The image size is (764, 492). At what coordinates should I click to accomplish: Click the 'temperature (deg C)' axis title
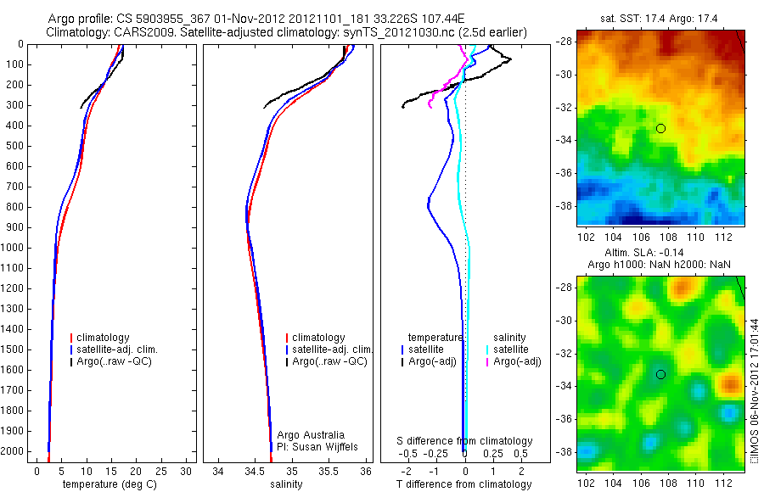(x=109, y=484)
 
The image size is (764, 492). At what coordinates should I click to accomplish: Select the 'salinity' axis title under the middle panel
(x=286, y=484)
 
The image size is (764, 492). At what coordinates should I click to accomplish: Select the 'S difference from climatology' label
(x=465, y=441)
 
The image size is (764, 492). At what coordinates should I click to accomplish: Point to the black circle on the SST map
(x=660, y=128)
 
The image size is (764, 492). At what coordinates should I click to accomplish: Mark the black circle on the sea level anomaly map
(x=660, y=374)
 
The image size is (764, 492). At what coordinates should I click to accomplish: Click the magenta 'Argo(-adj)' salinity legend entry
(x=517, y=361)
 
